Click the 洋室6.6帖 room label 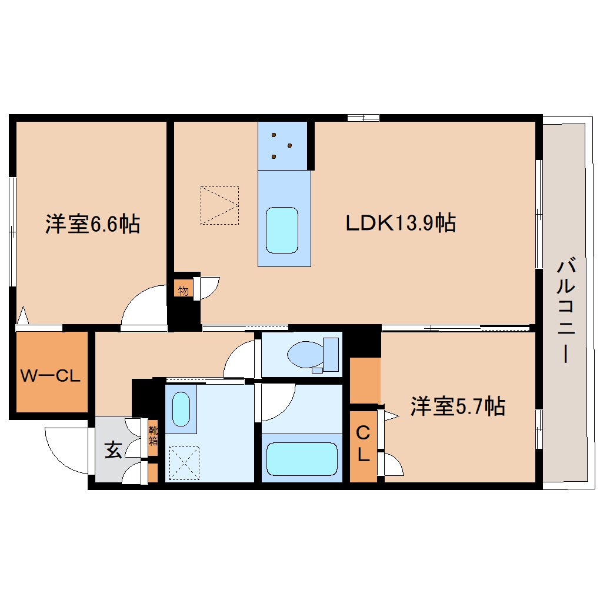pos(92,224)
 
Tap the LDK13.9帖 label pos(400,223)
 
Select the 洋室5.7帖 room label pos(457,406)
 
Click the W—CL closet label pos(50,375)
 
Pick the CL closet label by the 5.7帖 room pos(363,444)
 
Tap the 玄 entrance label pos(114,451)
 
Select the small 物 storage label pos(183,289)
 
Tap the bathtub pos(302,459)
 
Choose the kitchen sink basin pos(282,230)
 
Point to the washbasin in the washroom pos(181,409)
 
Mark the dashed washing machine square pos(184,463)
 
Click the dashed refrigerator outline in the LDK pos(219,205)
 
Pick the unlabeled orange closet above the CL pos(365,380)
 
